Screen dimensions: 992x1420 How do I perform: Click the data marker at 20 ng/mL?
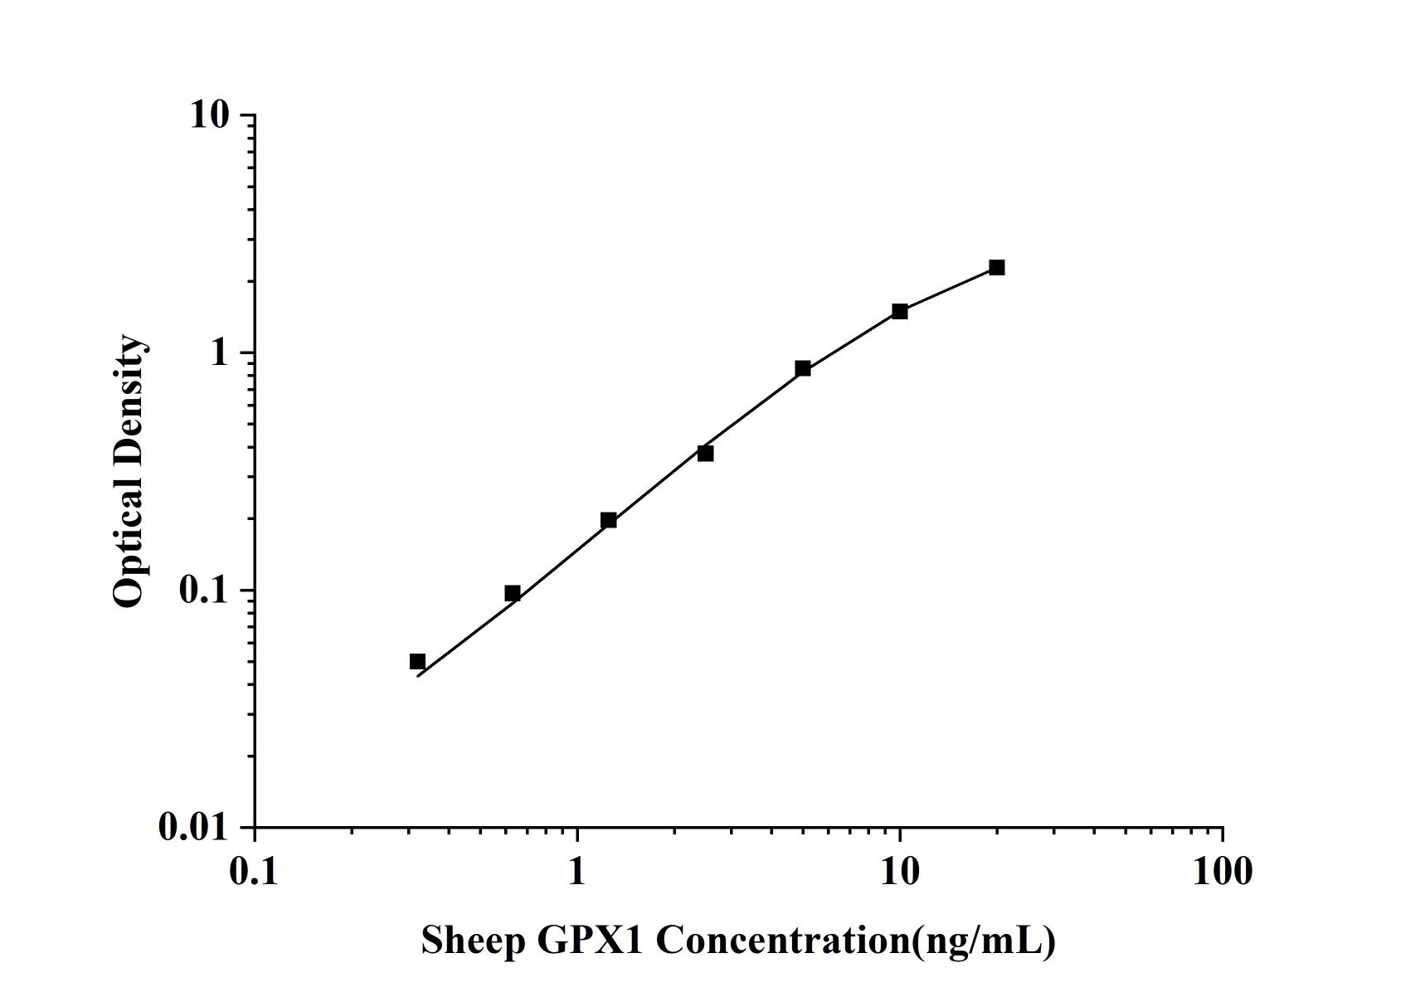996,267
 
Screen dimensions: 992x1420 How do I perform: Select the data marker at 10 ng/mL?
899,311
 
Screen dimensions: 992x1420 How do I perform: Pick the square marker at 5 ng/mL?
802,368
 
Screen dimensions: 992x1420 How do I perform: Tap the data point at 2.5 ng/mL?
705,453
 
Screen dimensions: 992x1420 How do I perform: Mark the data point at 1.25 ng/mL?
608,520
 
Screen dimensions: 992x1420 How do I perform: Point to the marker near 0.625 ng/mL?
512,593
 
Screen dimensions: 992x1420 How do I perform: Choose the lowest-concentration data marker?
417,661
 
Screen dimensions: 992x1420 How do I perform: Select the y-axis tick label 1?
219,353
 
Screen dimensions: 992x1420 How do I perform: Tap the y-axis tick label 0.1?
203,590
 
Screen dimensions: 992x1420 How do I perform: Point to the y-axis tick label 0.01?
193,827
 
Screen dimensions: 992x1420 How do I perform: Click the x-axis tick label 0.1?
255,871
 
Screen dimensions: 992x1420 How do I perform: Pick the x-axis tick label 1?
577,871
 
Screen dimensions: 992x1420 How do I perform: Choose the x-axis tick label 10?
899,871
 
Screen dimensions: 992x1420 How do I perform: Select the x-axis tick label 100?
1222,871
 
